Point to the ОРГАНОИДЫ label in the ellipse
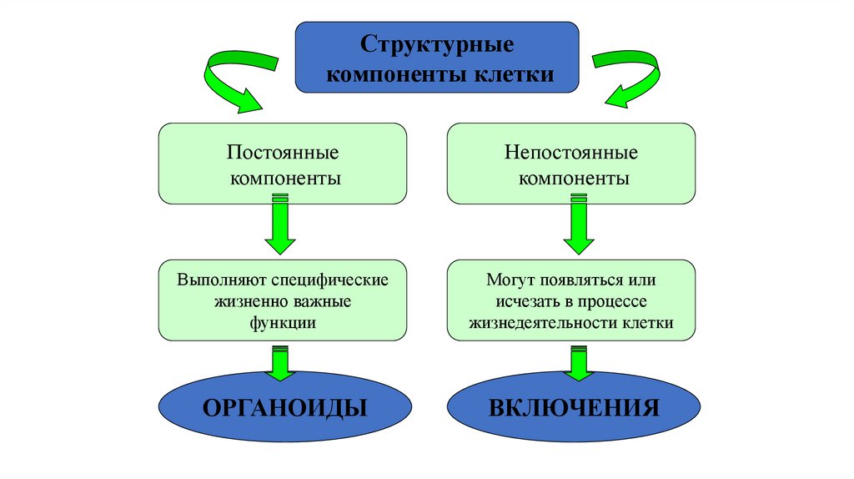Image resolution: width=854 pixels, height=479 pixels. pyautogui.click(x=285, y=408)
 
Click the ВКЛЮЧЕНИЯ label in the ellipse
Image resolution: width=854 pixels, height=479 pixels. pyautogui.click(x=575, y=408)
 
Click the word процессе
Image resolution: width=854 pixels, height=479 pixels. pyautogui.click(x=614, y=300)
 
